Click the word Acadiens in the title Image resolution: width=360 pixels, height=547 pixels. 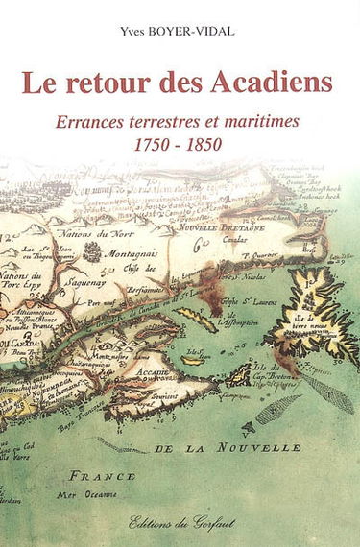(x=277, y=83)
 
